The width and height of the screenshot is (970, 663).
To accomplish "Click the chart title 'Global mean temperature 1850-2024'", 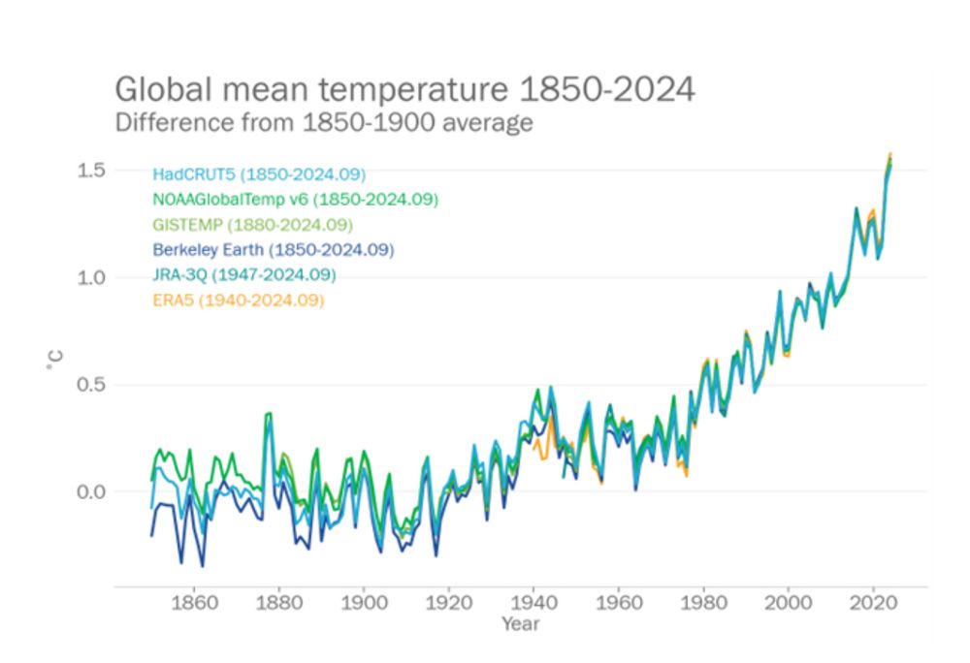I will pyautogui.click(x=404, y=89).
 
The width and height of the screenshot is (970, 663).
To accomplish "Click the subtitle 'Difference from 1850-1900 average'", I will pyautogui.click(x=324, y=123).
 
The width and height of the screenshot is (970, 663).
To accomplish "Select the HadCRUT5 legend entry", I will pyautogui.click(x=258, y=174).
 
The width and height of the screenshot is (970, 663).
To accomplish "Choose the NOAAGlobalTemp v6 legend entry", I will pyautogui.click(x=295, y=200).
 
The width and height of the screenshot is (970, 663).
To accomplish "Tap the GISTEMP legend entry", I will pyautogui.click(x=252, y=225).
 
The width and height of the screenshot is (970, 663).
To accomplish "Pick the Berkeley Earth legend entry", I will pyautogui.click(x=273, y=250).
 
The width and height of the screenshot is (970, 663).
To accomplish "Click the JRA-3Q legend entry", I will pyautogui.click(x=244, y=275).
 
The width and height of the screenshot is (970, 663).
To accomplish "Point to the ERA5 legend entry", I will pyautogui.click(x=238, y=300).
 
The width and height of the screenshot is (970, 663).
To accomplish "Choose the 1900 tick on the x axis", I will pyautogui.click(x=364, y=602).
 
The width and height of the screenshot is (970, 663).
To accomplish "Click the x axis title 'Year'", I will pyautogui.click(x=520, y=624).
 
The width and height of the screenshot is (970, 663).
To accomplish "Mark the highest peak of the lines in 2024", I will pyautogui.click(x=890, y=154).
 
